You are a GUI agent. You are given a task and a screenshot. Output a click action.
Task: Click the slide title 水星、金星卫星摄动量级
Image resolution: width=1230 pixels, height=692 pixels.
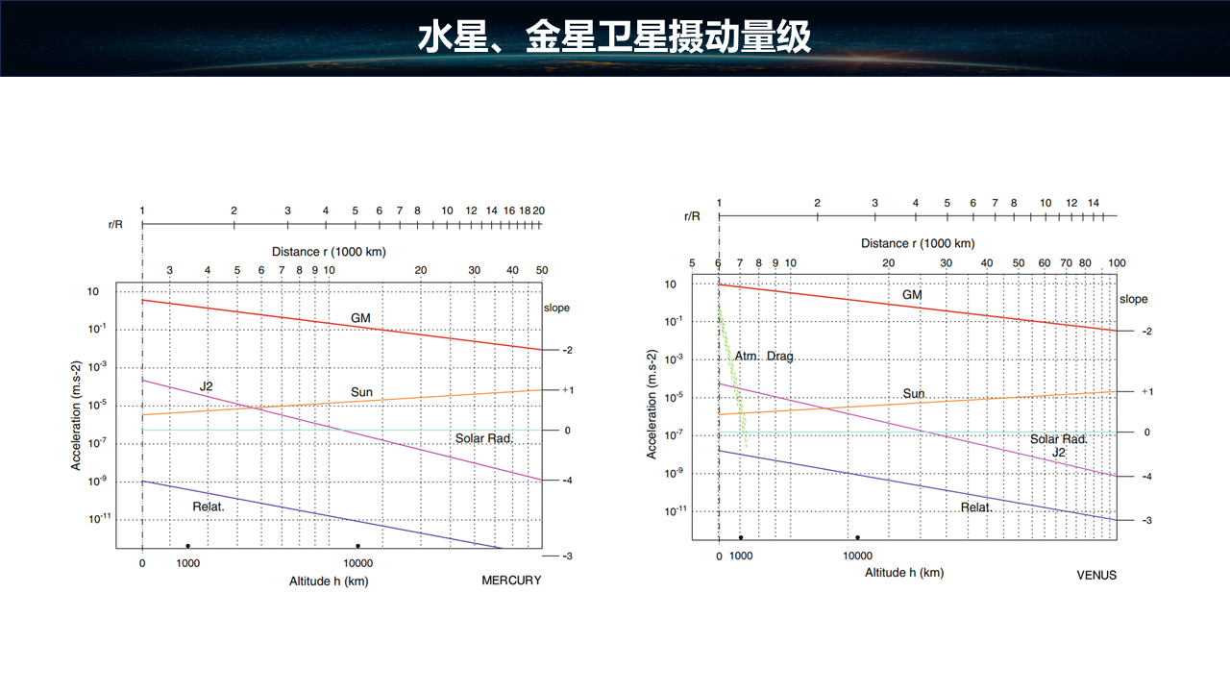coord(615,37)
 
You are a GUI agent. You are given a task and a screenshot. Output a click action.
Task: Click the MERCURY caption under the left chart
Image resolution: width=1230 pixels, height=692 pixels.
coord(511,581)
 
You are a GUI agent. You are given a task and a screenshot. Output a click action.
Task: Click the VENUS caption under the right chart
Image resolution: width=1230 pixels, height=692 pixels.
coord(1096,575)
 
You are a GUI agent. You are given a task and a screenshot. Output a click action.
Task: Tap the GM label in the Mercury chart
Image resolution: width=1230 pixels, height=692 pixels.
coord(360,318)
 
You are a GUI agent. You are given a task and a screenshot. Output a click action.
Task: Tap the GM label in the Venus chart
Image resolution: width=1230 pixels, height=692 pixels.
coord(912,295)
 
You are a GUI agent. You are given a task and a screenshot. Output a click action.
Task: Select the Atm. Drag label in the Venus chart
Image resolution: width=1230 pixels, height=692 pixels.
coord(764,357)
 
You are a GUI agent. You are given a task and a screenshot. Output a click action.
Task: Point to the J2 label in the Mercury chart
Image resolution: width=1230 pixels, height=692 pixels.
coord(206,386)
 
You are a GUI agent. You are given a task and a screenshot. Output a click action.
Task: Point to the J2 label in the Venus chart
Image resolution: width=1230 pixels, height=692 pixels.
coord(1059,452)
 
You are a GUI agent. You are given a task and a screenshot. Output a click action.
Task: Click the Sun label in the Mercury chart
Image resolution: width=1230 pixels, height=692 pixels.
coord(361,392)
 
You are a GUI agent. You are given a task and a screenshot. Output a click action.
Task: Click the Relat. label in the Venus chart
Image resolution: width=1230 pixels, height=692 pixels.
coord(976,507)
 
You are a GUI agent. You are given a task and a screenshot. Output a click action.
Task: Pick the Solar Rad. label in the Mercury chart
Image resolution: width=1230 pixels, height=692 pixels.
coord(484,438)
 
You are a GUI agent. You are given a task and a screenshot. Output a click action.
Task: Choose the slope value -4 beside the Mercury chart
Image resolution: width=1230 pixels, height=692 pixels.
coord(567,480)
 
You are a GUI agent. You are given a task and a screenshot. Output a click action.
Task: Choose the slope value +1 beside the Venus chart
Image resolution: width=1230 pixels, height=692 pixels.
coord(1146,391)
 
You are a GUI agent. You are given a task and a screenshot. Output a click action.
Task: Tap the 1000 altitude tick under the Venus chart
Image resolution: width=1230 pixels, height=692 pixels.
coord(741,556)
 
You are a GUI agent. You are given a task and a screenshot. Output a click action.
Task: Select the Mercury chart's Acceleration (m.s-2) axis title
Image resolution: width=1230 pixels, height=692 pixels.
coord(76,415)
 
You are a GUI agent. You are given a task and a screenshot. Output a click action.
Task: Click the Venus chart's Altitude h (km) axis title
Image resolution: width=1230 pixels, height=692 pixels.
coord(904,573)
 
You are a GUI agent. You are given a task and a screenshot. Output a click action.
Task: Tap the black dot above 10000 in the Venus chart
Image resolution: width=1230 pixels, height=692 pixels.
coord(857,537)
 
